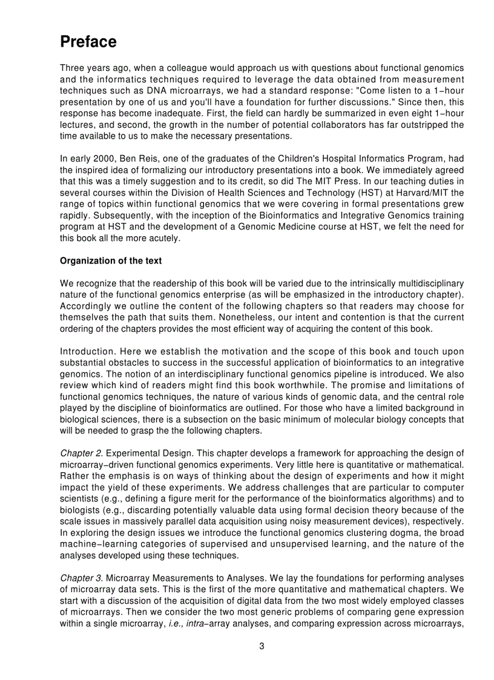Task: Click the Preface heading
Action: click(x=88, y=42)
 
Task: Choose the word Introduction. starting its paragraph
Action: click(x=87, y=352)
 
